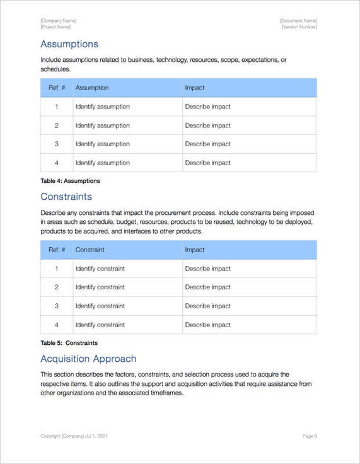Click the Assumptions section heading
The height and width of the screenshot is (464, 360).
[69, 44]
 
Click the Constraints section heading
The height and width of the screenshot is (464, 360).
[66, 197]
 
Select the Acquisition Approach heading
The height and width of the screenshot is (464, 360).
[88, 359]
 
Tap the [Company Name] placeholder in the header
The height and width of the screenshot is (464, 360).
[58, 21]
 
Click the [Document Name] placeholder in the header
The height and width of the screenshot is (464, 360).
[298, 21]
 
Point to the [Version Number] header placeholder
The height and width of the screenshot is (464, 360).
[299, 27]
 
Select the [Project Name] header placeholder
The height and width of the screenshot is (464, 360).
[55, 27]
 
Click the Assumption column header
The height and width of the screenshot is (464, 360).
[92, 88]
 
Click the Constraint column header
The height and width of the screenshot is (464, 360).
[91, 250]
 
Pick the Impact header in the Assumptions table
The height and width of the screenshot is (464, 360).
[194, 88]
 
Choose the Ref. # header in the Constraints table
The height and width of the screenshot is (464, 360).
[57, 250]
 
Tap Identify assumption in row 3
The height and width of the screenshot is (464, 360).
[102, 144]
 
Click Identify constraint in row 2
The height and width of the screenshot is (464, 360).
[100, 287]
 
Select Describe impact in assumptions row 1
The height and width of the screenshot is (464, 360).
[207, 107]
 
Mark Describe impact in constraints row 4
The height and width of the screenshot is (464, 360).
[207, 325]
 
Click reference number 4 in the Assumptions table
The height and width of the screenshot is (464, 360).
[57, 163]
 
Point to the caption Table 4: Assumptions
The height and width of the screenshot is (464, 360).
[70, 181]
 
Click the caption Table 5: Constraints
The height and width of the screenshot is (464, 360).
[69, 343]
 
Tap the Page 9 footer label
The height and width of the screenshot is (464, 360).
[310, 436]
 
